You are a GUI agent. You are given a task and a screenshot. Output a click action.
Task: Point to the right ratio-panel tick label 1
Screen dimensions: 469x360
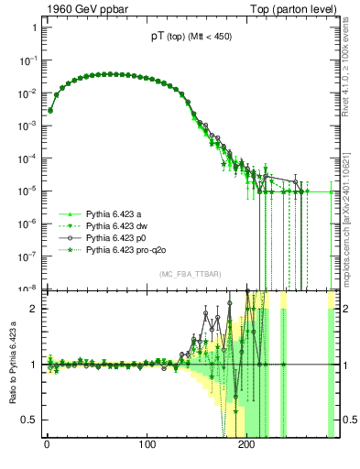[344, 365]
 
